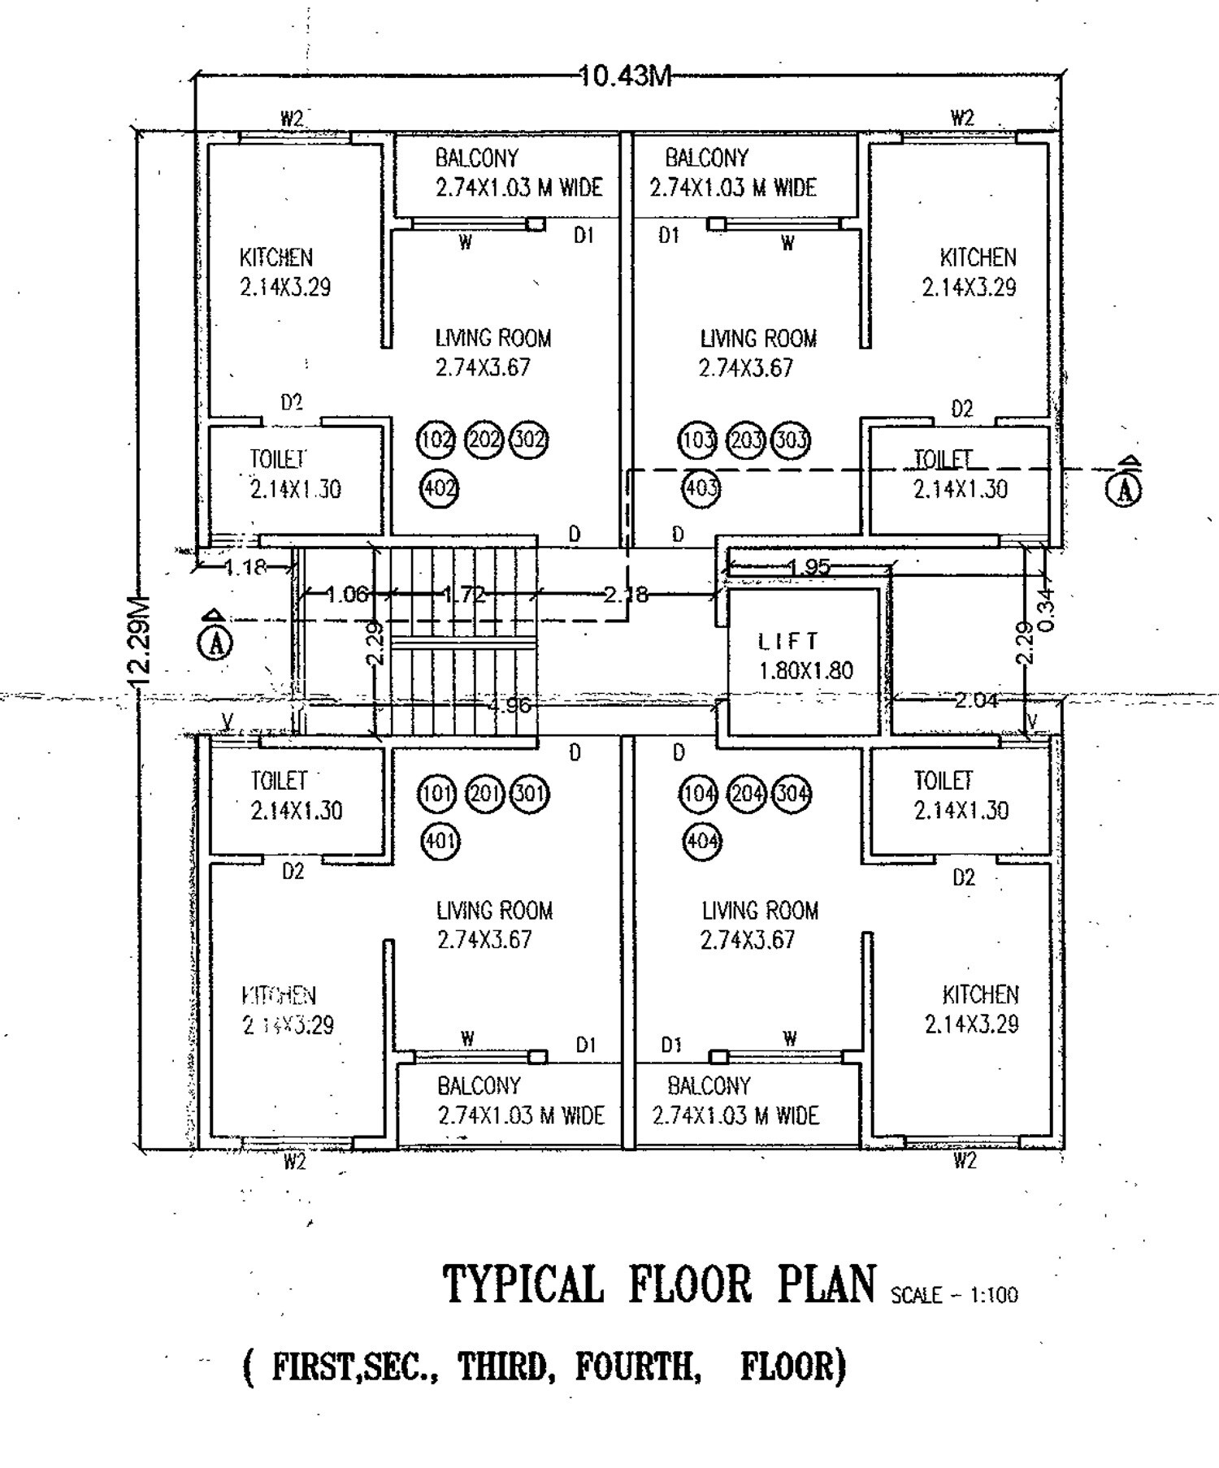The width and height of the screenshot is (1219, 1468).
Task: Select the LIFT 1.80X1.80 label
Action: click(x=805, y=656)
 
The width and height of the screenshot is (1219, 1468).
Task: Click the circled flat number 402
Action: click(x=439, y=488)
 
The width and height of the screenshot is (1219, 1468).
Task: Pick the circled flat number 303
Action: click(x=790, y=440)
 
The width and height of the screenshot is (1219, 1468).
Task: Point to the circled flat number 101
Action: click(x=436, y=793)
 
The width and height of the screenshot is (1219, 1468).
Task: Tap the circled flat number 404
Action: click(x=701, y=840)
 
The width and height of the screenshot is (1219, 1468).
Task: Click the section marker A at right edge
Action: click(x=1126, y=488)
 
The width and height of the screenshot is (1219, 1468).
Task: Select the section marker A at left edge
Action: click(x=215, y=642)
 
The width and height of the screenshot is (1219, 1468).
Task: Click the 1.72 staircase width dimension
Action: click(x=463, y=595)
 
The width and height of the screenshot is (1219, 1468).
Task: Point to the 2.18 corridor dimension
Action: click(x=626, y=595)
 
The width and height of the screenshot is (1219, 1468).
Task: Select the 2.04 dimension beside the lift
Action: click(x=975, y=699)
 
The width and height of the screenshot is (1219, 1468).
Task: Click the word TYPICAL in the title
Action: click(x=523, y=1284)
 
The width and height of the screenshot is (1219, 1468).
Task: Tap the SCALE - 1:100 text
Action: click(x=954, y=1294)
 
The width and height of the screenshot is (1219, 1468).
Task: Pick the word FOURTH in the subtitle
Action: click(x=638, y=1367)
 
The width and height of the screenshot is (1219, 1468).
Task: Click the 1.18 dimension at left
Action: click(x=244, y=566)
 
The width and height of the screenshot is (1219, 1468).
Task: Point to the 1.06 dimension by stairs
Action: click(x=346, y=595)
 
